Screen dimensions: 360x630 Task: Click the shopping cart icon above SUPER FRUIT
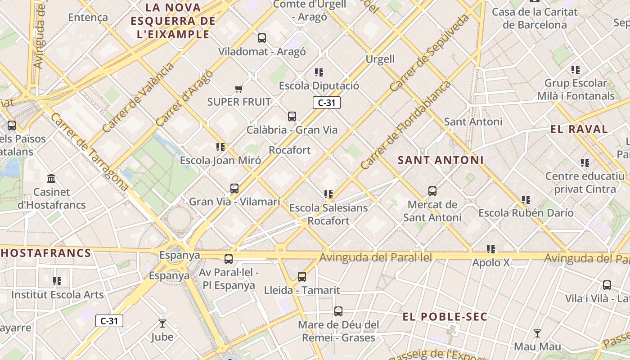[x=238, y=89]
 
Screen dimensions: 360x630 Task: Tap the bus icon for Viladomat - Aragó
[x=261, y=38]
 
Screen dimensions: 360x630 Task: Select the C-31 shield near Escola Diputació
[x=327, y=103]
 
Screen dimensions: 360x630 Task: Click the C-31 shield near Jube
[x=109, y=321]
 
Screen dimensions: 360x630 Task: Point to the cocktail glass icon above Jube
[x=162, y=323]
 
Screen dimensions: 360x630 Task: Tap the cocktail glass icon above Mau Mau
[x=537, y=333]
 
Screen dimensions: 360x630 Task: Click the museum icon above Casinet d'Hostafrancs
[x=51, y=179]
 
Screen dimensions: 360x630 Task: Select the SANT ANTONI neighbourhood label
[x=441, y=160]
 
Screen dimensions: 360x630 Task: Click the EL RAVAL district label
[x=579, y=129]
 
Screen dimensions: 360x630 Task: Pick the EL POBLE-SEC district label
[x=445, y=317]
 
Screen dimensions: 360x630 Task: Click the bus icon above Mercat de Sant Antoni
[x=432, y=191]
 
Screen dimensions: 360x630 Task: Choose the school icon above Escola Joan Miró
[x=220, y=147]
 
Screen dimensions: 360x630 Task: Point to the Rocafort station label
[x=290, y=150]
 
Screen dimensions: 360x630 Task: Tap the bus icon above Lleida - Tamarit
[x=302, y=276]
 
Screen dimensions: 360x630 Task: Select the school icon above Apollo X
[x=491, y=249]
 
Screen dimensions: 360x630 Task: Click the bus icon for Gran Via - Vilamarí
[x=234, y=188]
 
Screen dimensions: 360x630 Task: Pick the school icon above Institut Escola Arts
[x=57, y=281]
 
